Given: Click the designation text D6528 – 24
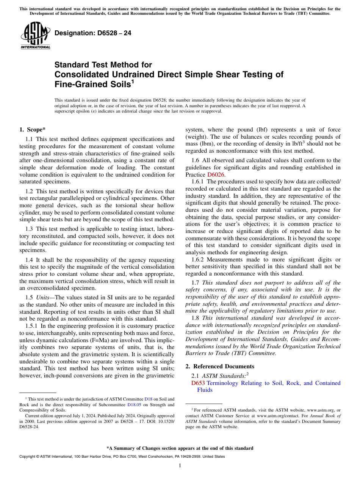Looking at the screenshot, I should [93, 33].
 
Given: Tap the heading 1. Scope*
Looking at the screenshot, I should [33, 130].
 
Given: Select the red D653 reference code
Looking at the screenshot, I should [198, 383].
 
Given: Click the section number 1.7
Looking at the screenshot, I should [196, 282].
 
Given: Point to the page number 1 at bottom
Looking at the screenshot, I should [180, 465].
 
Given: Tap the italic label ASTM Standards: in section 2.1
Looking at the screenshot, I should [224, 376].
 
